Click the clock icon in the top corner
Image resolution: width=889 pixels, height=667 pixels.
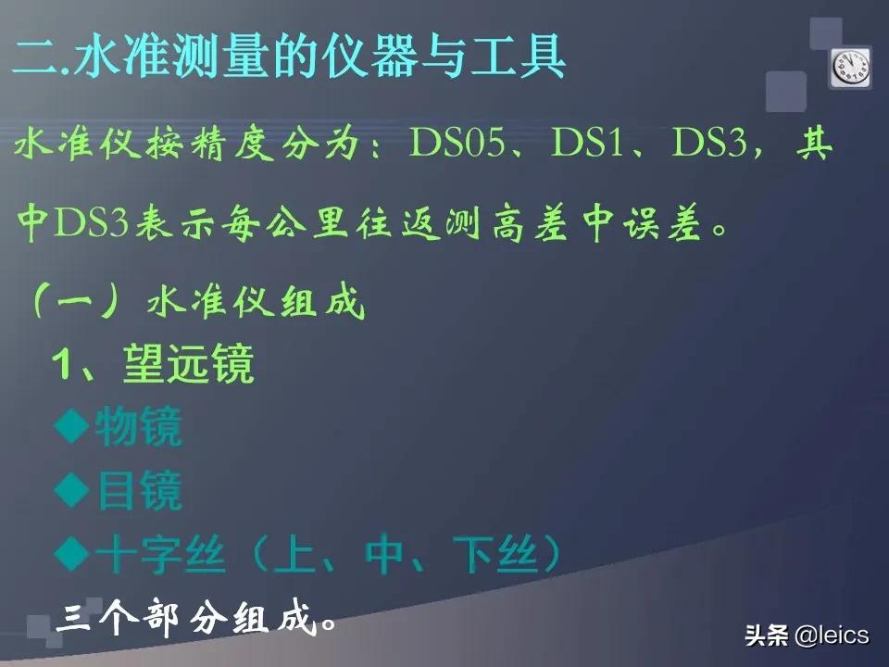coord(850,68)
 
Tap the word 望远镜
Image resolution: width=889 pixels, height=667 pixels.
coord(188,367)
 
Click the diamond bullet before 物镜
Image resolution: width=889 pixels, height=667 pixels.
coord(70,427)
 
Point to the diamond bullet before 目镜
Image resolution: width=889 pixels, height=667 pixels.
coord(70,490)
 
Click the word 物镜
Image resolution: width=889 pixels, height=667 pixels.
coord(138,428)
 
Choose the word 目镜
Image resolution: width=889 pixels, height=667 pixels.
coord(138,491)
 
